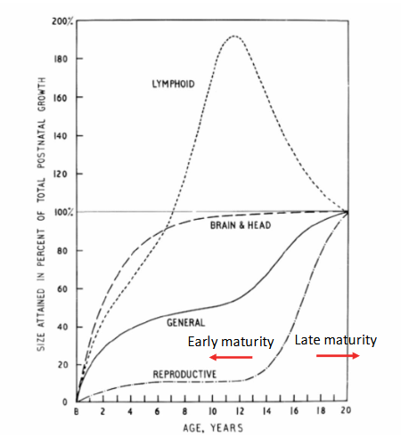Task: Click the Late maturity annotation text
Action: tap(335, 339)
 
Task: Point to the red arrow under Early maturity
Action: tap(233, 358)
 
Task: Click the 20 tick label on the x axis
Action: tap(348, 412)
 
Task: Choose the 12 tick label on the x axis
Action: tap(239, 412)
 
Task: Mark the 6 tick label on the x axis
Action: tap(158, 412)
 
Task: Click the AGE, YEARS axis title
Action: tap(211, 428)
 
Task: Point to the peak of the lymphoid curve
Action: tap(234, 36)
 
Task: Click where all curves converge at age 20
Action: tap(348, 212)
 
